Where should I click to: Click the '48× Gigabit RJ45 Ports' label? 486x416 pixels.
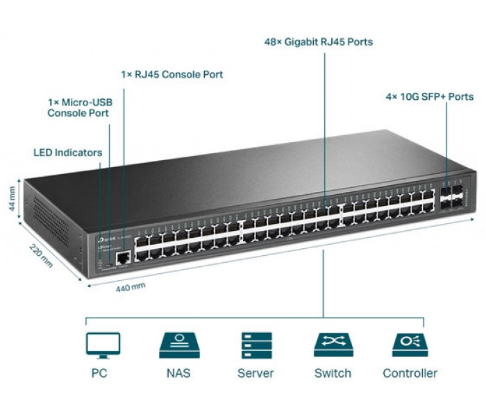coord(318,42)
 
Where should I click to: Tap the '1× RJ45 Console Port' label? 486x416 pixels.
coord(172,74)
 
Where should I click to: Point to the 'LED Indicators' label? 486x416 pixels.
coord(68,153)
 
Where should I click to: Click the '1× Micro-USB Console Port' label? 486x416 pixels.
coord(80,107)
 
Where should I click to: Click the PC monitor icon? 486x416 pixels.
coord(103,345)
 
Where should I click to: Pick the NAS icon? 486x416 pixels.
coord(179,345)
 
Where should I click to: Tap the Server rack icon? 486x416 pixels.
coord(256,345)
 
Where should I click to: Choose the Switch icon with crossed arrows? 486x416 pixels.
coord(333,345)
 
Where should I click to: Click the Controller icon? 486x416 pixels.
coord(410,345)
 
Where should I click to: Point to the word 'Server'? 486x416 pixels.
coord(256,373)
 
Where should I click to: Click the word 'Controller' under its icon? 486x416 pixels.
coord(410,373)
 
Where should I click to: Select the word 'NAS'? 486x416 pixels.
coord(179,373)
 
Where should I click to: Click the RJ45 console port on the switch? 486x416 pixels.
coord(123,258)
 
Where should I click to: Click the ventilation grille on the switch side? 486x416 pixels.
coord(49,218)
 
